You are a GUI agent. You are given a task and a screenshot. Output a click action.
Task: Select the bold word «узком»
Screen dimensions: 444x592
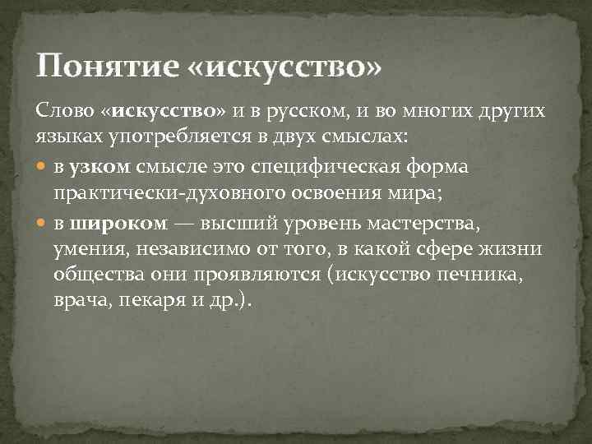tap(100, 167)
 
